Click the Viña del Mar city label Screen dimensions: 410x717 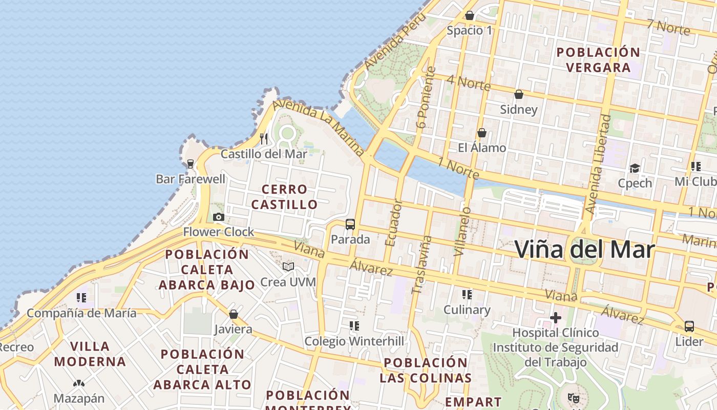click(584, 250)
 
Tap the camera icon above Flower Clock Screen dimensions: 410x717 click(219, 217)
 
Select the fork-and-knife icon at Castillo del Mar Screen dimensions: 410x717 click(264, 138)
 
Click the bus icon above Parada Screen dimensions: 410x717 click(350, 224)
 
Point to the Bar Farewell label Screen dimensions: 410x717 click(191, 179)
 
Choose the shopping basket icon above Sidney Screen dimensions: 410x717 click(519, 94)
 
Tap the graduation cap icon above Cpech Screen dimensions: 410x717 click(635, 168)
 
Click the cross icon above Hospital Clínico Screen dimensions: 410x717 click(556, 318)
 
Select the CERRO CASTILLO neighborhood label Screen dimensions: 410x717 click(284, 197)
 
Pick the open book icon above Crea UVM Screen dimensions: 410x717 click(288, 266)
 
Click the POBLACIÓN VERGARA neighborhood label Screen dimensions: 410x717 click(598, 60)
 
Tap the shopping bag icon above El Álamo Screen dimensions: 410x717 click(481, 133)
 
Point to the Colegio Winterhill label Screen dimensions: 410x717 click(354, 341)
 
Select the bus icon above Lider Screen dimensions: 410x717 click(689, 326)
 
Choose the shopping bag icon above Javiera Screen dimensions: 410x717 click(234, 314)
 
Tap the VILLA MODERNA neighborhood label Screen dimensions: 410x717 click(90, 354)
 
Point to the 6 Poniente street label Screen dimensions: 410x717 click(426, 97)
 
